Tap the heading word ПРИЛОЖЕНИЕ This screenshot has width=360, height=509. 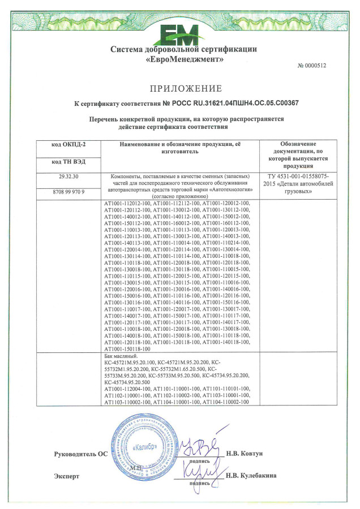[186, 89]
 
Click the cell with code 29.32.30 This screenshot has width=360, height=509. [68, 177]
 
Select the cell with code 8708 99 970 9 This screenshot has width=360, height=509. [68, 192]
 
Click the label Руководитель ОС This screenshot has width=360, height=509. [80, 454]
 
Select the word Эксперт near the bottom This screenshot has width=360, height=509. [66, 476]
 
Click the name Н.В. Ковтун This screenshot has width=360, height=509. [245, 454]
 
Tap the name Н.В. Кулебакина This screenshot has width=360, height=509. [251, 476]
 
